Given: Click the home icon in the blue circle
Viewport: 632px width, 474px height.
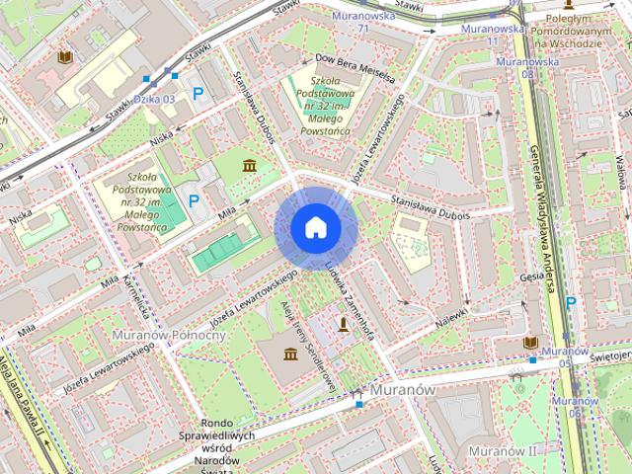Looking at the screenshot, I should click(x=316, y=228).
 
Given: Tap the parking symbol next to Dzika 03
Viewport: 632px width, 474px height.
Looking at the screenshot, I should click(x=198, y=94).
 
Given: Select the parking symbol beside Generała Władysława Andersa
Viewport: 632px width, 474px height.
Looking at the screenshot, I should click(x=572, y=303).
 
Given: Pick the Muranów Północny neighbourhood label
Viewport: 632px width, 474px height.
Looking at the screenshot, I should click(x=169, y=335).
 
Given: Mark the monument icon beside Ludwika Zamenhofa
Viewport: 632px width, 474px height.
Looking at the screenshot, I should click(x=344, y=324).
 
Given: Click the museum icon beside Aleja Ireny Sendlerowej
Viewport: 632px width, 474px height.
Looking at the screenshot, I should click(x=291, y=354).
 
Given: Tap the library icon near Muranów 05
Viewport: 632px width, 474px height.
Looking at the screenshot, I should click(x=530, y=342).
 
